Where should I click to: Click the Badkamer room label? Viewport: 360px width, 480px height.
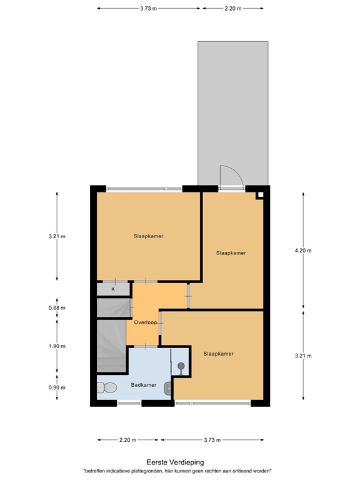tap(143, 385)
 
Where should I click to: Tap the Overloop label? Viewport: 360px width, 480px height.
tap(145, 322)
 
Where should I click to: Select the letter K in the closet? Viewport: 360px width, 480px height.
tap(113, 289)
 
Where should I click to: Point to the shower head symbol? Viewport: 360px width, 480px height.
tap(181, 365)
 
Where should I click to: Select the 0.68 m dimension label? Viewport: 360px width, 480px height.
tap(57, 307)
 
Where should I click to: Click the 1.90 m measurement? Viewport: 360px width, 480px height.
tap(57, 346)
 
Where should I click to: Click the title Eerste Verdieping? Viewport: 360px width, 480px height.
tap(179, 462)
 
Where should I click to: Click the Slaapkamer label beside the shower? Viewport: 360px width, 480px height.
tap(218, 354)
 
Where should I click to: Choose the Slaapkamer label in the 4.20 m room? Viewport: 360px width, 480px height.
tap(231, 253)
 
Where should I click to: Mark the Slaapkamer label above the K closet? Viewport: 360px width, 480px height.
tap(149, 236)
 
